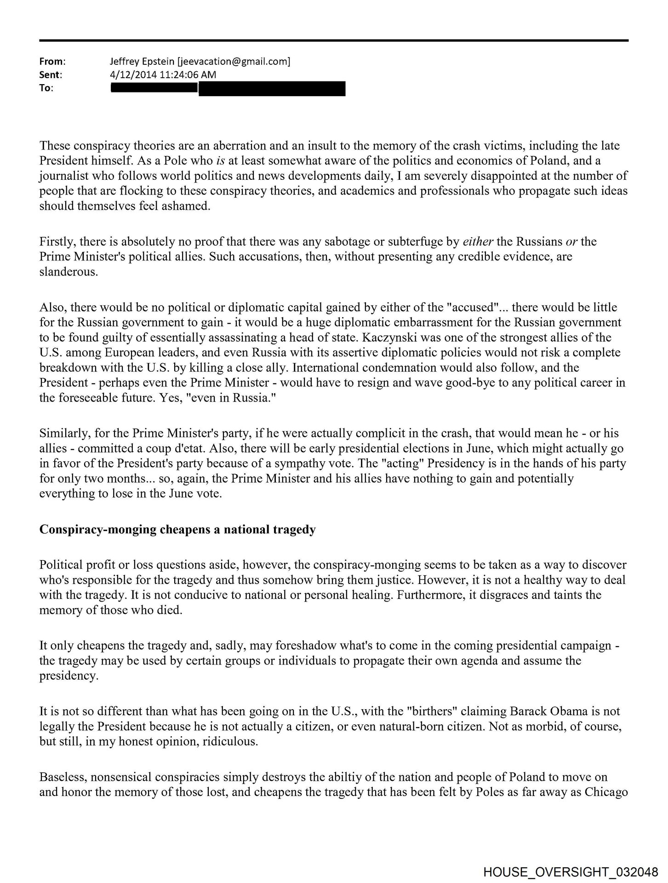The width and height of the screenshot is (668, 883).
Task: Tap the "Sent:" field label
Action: [x=51, y=75]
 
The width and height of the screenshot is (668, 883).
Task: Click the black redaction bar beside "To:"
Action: [x=228, y=88]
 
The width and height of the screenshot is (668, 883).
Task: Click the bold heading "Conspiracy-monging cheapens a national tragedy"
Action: [x=177, y=530]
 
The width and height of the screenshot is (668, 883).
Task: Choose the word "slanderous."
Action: [x=69, y=272]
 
